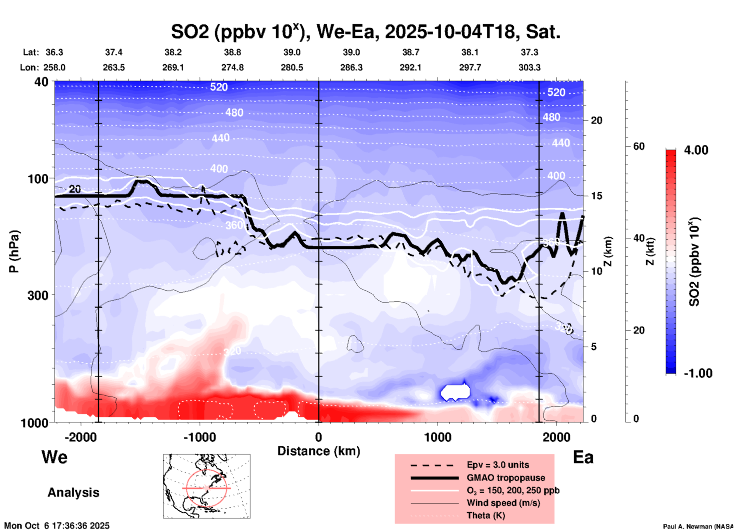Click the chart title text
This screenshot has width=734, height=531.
click(x=365, y=32)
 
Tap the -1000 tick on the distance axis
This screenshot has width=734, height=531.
click(x=199, y=437)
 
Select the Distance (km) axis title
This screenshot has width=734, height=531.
click(x=319, y=451)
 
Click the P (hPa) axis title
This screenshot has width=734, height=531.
click(x=14, y=251)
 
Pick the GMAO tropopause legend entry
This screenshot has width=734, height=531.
click(x=505, y=478)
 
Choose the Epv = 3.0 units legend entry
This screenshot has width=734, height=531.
click(x=497, y=465)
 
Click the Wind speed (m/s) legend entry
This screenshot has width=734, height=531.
click(x=503, y=503)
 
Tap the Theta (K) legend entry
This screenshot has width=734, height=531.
click(x=486, y=515)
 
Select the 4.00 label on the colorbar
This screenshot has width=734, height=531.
click(x=696, y=150)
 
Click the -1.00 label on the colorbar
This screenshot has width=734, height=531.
click(x=698, y=373)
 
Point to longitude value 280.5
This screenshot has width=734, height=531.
click(x=292, y=67)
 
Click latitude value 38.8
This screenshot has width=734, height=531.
click(x=232, y=52)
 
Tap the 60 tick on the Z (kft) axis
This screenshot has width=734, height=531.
click(x=638, y=146)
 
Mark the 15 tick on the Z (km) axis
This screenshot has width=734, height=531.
click(x=596, y=196)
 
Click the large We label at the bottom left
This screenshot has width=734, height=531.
click(x=54, y=457)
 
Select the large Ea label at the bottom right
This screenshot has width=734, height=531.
click(x=583, y=457)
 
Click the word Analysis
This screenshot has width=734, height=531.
click(x=73, y=492)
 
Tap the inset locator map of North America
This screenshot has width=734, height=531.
click(x=207, y=486)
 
